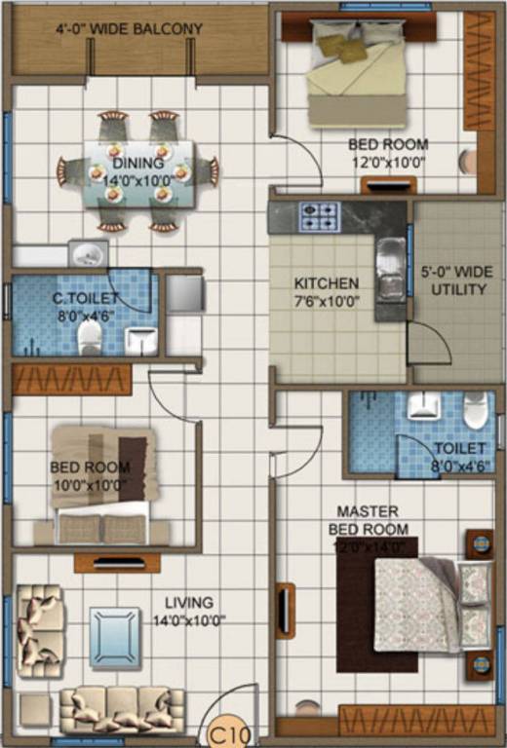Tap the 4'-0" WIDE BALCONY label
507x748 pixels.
pos(129,29)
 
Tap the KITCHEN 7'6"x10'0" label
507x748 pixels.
pos(328,292)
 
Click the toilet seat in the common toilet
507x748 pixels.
pos(90,337)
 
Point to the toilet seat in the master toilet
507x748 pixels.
pos(475,410)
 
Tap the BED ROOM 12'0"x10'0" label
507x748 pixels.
pos(388,154)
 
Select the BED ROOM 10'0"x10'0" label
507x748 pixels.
pos(89,475)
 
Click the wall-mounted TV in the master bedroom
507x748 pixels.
pos(285,610)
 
